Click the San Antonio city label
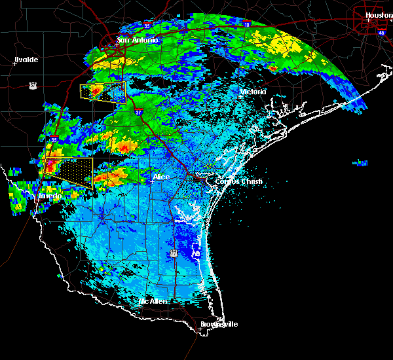tap(138, 41)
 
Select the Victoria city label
tap(253, 92)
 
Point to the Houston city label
tap(378, 15)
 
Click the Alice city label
tap(160, 177)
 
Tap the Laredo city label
tap(49, 196)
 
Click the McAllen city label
tap(153, 302)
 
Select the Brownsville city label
tap(219, 324)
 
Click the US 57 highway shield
tap(33, 84)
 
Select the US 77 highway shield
tap(174, 253)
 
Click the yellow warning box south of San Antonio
tap(103, 93)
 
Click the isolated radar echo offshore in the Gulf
tap(360, 162)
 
